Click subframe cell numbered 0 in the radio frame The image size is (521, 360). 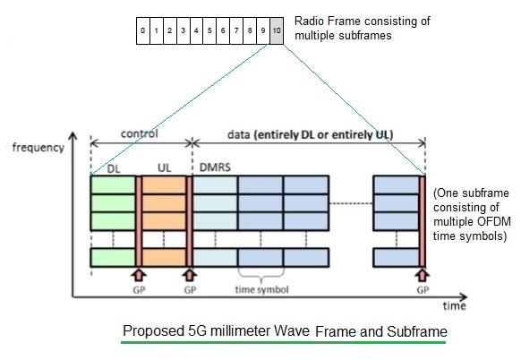coord(142,31)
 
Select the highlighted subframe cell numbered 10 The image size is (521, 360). coord(278,31)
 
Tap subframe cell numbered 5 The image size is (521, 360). coord(209,31)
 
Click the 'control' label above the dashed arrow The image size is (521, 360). coord(139,134)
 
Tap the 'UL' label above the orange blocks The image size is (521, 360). coord(164,168)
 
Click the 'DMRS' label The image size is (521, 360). coord(211,168)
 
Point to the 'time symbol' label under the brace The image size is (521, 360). coord(261,289)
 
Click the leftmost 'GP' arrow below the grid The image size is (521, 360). coord(139,275)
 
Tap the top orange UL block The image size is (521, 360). coord(165,185)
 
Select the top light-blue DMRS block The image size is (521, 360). coord(216,185)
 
